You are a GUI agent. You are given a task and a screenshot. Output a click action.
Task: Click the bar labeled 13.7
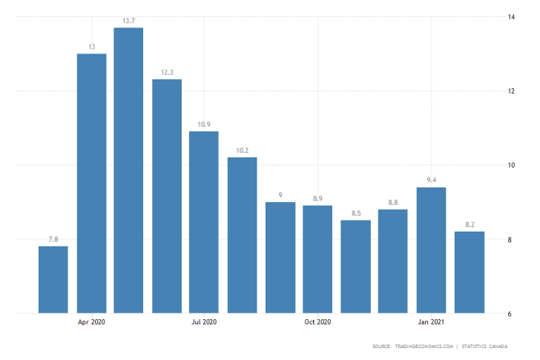128,171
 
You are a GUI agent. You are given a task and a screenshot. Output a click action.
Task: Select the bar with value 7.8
53,280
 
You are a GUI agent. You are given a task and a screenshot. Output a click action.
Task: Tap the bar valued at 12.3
167,196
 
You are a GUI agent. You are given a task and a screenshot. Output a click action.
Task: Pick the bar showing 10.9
204,222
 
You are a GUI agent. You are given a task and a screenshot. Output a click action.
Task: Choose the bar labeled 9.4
431,250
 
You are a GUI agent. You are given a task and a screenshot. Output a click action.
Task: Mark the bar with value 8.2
470,272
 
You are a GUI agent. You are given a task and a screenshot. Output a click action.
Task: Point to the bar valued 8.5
355,266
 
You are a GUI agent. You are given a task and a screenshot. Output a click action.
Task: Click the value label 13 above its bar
91,47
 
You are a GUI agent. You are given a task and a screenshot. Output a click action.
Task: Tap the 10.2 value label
242,151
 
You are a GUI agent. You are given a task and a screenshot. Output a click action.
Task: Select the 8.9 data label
317,199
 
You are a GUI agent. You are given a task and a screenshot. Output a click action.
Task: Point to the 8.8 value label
393,203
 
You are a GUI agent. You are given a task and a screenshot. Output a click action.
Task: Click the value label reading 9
280,195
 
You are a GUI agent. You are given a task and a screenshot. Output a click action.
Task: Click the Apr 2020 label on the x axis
91,322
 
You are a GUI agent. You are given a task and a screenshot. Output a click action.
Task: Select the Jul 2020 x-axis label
204,322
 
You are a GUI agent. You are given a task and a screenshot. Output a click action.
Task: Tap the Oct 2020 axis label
317,322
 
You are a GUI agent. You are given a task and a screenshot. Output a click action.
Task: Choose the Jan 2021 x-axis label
431,322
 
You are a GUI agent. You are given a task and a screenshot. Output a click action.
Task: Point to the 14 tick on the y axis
512,16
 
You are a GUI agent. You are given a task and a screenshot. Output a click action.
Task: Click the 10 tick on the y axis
512,165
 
